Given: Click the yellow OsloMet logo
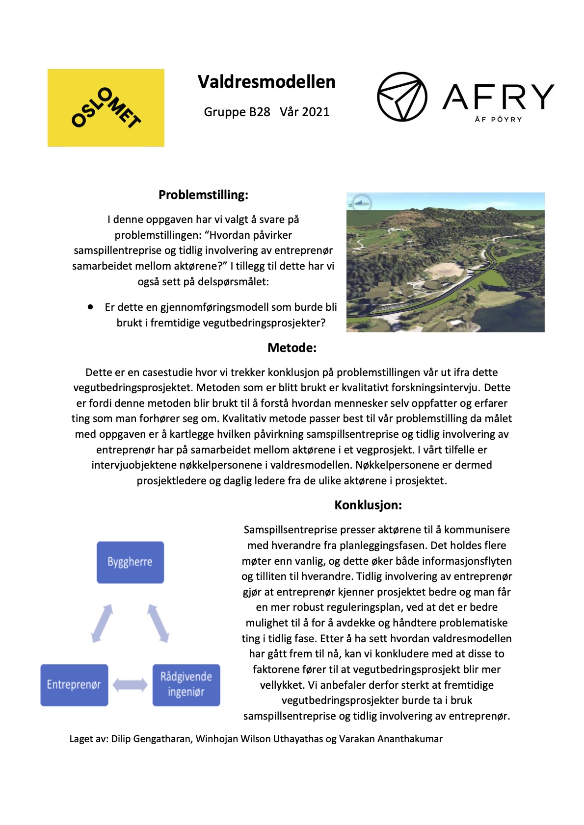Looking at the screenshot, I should pyautogui.click(x=106, y=107).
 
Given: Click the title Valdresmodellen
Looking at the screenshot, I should pyautogui.click(x=266, y=82).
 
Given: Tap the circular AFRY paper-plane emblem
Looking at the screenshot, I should pyautogui.click(x=402, y=97).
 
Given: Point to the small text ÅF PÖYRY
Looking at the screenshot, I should pyautogui.click(x=498, y=119).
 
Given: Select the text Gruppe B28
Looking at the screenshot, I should pyautogui.click(x=237, y=112).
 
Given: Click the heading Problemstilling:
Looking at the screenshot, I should pyautogui.click(x=203, y=195).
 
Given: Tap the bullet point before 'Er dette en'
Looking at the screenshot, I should pyautogui.click(x=90, y=307).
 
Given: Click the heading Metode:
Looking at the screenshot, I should pyautogui.click(x=292, y=348).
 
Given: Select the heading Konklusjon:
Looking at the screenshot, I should pyautogui.click(x=368, y=505).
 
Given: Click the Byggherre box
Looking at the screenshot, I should pyautogui.click(x=130, y=562).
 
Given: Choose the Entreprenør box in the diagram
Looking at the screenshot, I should pyautogui.click(x=74, y=685).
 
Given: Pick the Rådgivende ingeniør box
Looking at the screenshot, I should pyautogui.click(x=186, y=685).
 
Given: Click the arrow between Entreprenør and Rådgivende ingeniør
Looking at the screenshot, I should pyautogui.click(x=130, y=685).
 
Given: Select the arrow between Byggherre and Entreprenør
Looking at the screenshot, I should pyautogui.click(x=102, y=623).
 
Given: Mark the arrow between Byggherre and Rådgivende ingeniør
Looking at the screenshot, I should pyautogui.click(x=158, y=623).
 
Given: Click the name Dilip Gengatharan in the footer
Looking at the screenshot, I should pyautogui.click(x=151, y=739).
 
